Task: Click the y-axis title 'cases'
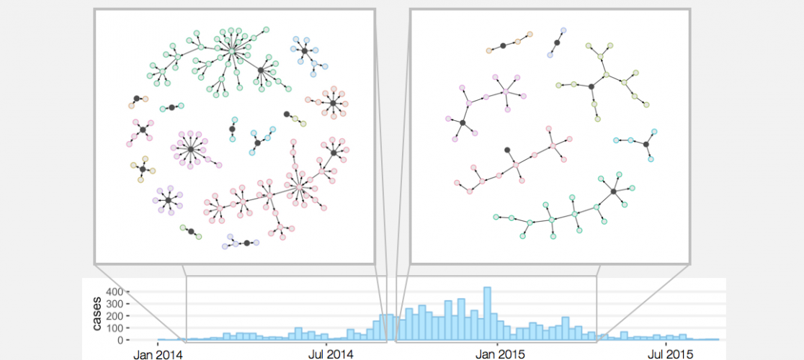(x=97, y=315)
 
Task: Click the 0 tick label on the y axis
(x=123, y=340)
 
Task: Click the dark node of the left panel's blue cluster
(x=305, y=51)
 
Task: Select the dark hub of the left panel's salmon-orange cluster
(x=333, y=104)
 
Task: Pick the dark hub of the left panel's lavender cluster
(x=168, y=199)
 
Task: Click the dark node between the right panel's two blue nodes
(x=557, y=43)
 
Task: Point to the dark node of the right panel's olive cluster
(x=591, y=86)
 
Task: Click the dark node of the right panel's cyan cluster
(x=646, y=145)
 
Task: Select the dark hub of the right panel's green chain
(x=613, y=191)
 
